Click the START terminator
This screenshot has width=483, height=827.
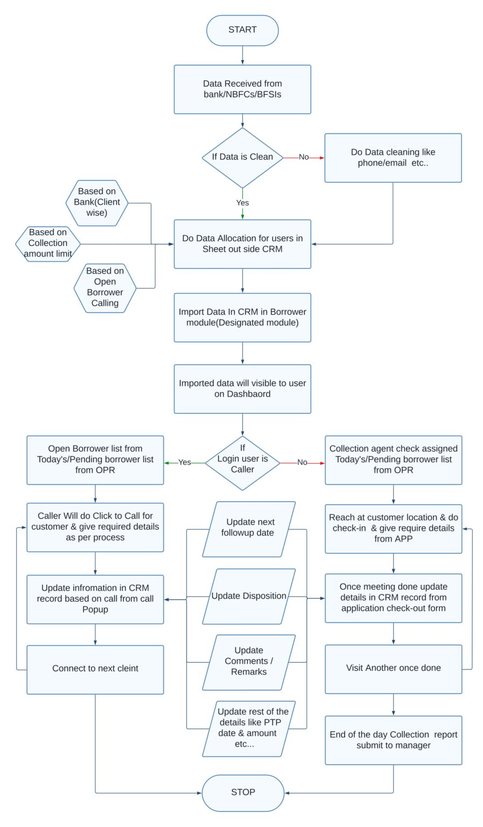tap(242, 30)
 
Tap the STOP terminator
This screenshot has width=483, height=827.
tap(243, 793)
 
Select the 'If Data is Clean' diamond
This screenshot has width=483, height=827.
tap(242, 157)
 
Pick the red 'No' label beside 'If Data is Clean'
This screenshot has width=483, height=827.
tap(304, 157)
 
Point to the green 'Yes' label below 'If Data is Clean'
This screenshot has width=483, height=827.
tap(242, 203)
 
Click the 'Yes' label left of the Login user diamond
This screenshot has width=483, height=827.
tap(185, 462)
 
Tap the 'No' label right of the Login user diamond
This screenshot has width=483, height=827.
tap(302, 462)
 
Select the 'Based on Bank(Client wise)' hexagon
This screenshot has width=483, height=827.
tap(97, 202)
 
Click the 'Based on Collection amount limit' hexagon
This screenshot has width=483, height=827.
tap(48, 244)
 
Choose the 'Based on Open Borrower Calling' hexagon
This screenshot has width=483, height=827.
tap(105, 288)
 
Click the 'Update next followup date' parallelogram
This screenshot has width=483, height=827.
tap(249, 529)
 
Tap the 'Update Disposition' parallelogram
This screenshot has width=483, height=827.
tap(249, 596)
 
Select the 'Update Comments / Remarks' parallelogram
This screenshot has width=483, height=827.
tap(249, 662)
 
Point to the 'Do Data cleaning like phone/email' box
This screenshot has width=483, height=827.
tap(393, 158)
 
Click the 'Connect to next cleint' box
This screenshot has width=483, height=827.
tap(95, 669)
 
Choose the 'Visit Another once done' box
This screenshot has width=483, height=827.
tap(393, 669)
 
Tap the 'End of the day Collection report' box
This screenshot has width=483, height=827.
tap(393, 740)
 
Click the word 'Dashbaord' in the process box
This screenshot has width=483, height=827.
tap(242, 394)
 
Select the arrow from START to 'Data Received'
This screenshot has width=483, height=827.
tap(242, 55)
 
